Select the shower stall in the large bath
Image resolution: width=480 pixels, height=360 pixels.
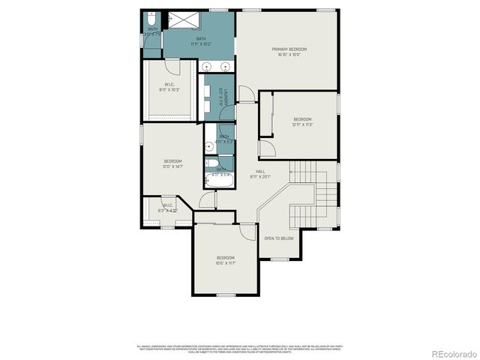pyautogui.click(x=180, y=18)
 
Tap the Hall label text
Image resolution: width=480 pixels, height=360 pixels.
pyautogui.click(x=260, y=172)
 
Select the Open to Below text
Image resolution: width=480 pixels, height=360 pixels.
pyautogui.click(x=278, y=238)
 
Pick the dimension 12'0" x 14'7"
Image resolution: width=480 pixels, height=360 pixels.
pyautogui.click(x=172, y=167)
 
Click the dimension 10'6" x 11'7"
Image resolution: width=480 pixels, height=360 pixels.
pyautogui.click(x=226, y=263)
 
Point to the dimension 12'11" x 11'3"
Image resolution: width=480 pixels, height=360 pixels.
pyautogui.click(x=302, y=125)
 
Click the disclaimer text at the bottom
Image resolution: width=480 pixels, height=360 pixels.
pyautogui.click(x=240, y=349)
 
